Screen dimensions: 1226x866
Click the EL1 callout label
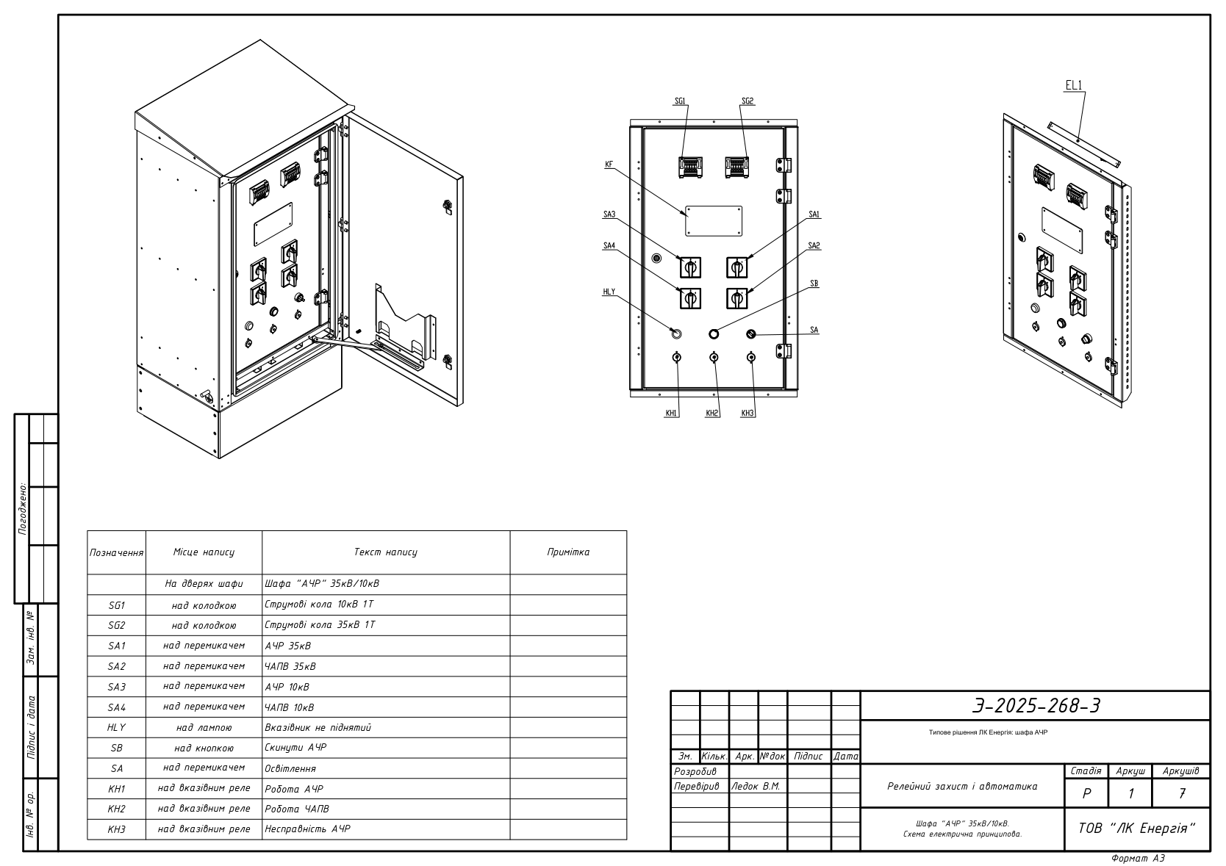1073,86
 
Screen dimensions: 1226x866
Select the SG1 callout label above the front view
680,101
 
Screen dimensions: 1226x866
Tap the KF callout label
609,164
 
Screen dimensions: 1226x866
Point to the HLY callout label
609,292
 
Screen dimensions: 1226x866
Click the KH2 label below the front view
712,413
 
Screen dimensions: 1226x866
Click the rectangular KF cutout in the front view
714,221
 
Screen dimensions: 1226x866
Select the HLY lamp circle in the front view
676,333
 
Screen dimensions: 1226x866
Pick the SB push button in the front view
714,333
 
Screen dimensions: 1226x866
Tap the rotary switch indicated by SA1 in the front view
736,267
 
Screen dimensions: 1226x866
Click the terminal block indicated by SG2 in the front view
736,167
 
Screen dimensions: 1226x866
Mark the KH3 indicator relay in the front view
751,358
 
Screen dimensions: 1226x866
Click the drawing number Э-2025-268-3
1036,706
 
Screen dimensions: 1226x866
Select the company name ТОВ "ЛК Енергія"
1137,829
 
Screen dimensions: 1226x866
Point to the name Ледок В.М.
756,787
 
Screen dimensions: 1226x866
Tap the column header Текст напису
385,552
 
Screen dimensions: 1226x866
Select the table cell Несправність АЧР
307,829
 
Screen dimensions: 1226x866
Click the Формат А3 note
1138,859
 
